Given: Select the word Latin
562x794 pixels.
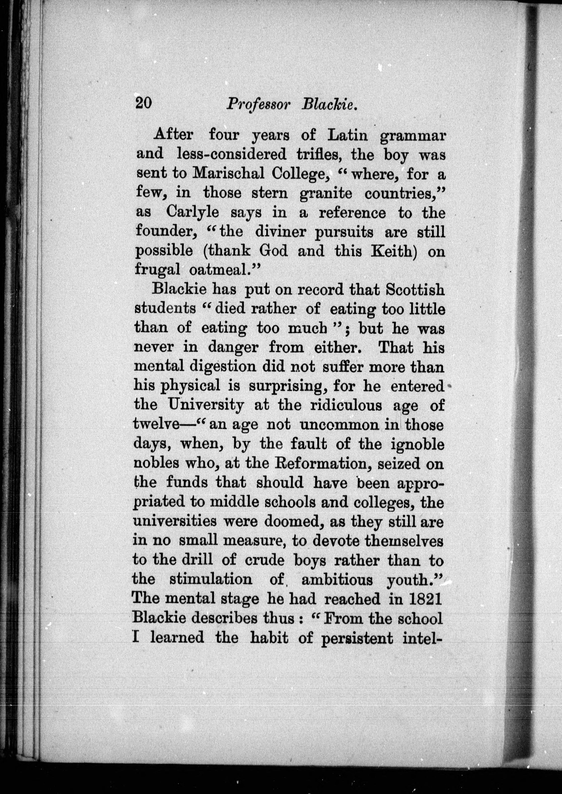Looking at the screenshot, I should pos(347,135).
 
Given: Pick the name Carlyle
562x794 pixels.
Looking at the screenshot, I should pos(192,212).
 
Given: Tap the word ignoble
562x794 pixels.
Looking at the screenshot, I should pos(417,444).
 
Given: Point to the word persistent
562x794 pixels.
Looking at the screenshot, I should pos(357,638).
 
